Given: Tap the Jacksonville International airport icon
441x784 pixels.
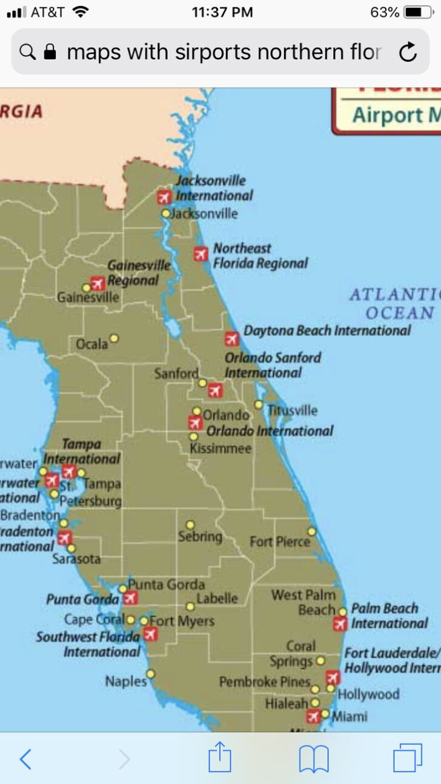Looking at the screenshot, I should [164, 197].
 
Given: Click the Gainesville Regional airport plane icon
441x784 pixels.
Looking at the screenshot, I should [98, 283].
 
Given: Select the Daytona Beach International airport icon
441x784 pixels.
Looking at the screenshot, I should [231, 338].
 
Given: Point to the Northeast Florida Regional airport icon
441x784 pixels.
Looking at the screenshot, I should [201, 254].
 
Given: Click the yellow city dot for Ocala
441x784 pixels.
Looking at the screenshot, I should [114, 338].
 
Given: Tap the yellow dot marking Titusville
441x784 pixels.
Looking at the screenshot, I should [259, 404].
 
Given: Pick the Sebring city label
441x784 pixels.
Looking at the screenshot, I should [200, 536].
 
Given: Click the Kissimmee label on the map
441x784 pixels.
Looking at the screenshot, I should [220, 449].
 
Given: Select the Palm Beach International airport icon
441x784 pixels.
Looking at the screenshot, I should [340, 624].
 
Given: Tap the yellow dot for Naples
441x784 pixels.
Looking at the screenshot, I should [150, 674].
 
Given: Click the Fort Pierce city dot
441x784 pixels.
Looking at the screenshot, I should [311, 532].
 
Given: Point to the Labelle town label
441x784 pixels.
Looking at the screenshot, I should [217, 598].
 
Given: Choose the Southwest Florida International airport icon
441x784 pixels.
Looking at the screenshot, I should [150, 634].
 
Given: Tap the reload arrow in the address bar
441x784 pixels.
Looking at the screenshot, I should [408, 53].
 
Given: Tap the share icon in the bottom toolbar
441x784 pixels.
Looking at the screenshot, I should [220, 758].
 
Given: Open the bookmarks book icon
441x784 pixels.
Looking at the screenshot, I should [314, 759].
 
